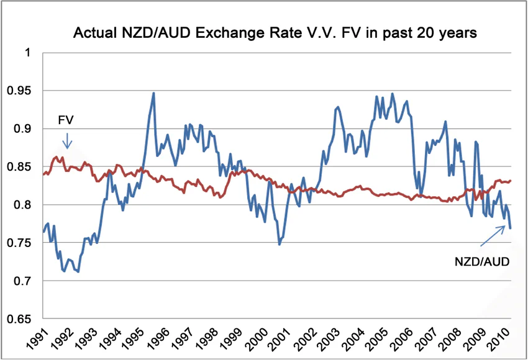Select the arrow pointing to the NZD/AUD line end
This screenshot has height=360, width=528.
tap(494, 236)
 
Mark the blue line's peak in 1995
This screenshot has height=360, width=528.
tap(153, 93)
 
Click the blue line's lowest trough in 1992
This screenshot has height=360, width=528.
tap(78, 271)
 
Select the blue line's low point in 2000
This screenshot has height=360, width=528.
tap(280, 244)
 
